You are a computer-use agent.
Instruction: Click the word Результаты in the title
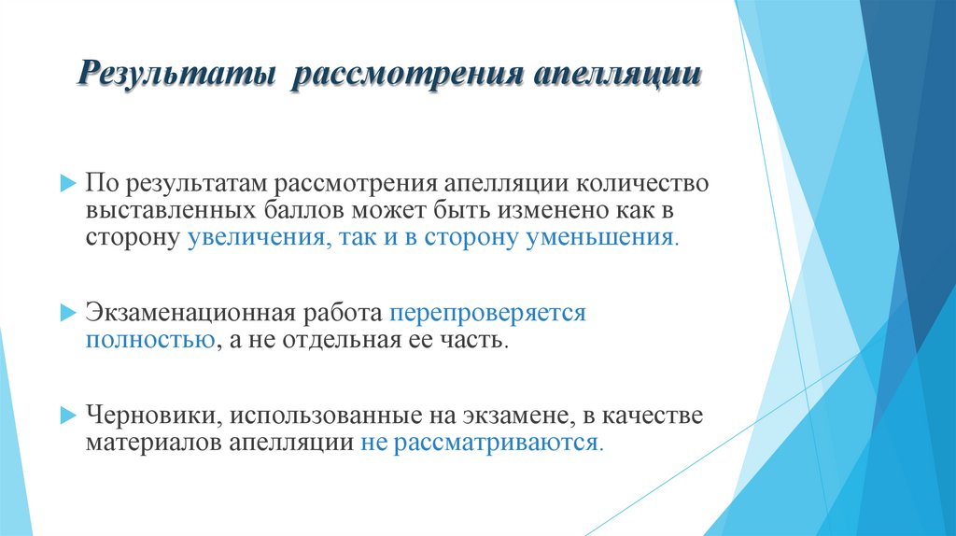pos(176,75)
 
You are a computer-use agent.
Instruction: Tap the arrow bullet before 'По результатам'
pos(65,183)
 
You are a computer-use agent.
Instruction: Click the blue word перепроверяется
pos(487,313)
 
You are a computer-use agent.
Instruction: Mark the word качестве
pos(652,415)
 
